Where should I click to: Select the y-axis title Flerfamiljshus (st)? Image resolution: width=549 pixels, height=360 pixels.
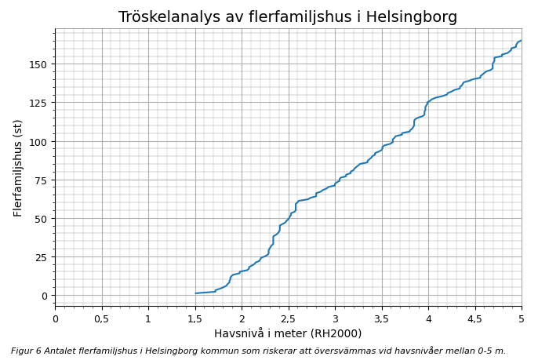pos(18,168)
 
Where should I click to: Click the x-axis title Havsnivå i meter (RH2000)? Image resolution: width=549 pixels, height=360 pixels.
pos(288,333)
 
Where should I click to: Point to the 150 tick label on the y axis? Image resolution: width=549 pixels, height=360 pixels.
pos(38,64)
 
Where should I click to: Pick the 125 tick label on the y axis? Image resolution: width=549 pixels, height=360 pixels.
pos(38,103)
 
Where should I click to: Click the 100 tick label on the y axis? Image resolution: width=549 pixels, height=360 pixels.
pos(38,141)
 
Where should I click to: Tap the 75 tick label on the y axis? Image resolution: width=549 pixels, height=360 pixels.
pos(41,180)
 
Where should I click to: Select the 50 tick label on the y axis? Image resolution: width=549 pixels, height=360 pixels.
pos(41,219)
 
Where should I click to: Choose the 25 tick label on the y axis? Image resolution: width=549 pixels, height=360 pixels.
pos(41,257)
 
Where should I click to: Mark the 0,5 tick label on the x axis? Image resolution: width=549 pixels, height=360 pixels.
pos(102,318)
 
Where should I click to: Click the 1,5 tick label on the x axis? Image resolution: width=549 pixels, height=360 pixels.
pos(195,318)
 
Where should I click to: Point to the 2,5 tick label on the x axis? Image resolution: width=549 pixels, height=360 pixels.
pos(289,318)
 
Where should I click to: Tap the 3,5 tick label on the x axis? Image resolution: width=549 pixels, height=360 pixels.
pos(382,318)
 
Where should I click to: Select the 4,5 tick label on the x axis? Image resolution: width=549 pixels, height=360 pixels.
pos(475,318)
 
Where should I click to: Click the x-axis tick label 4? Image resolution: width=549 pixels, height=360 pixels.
pos(428,318)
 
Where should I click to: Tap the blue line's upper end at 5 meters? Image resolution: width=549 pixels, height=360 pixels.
pos(521,41)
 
